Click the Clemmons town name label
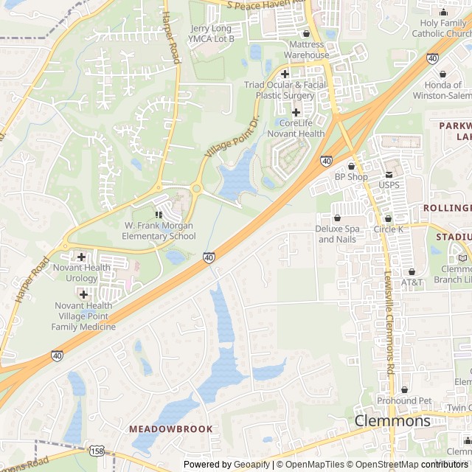(x=392, y=421)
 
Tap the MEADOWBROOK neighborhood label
(x=171, y=428)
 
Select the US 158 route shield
(x=96, y=450)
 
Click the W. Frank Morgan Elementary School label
(x=159, y=231)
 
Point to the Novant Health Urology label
(x=81, y=273)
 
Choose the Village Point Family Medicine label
(x=83, y=316)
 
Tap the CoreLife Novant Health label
(x=301, y=128)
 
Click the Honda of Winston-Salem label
(x=442, y=90)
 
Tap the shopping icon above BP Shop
(x=351, y=166)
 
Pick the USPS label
(x=389, y=185)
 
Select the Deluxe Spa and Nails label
(x=337, y=234)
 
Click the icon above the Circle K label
(x=388, y=218)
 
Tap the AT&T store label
(x=412, y=282)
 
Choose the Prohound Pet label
(x=404, y=400)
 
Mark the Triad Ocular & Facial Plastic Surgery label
(x=285, y=90)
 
